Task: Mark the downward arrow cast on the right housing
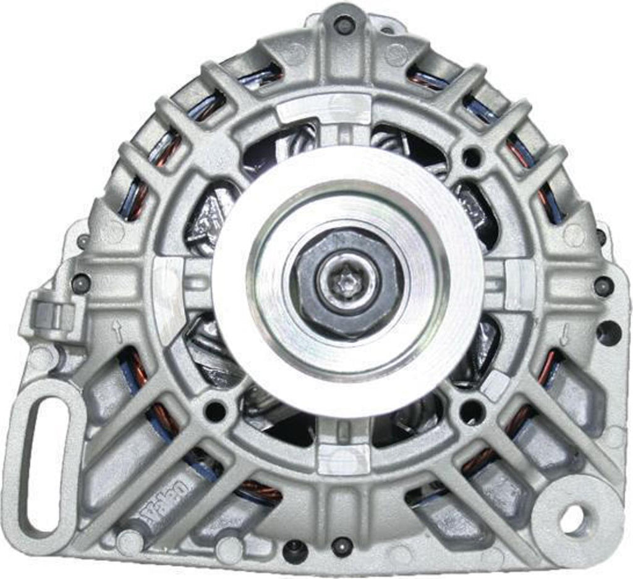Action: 564,335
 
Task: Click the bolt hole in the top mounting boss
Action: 344,25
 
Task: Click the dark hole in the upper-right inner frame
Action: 474,155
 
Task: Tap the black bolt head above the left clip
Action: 80,283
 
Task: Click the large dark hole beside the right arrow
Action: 608,333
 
